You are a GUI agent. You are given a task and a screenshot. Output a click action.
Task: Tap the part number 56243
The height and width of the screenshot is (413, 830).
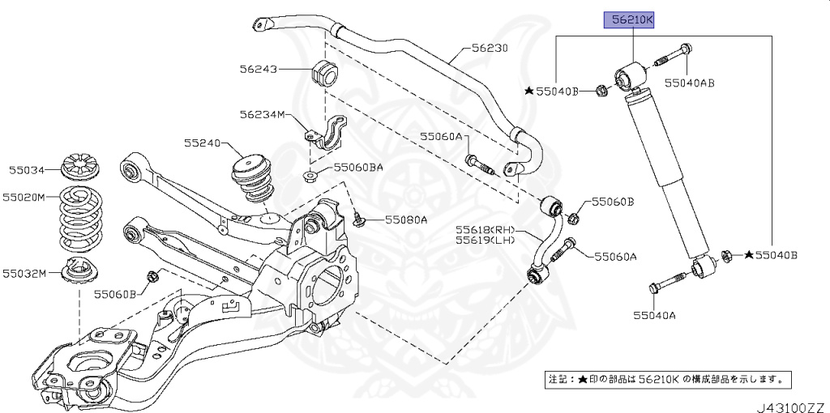(258, 70)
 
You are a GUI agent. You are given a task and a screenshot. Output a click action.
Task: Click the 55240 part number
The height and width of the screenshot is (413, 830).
(202, 143)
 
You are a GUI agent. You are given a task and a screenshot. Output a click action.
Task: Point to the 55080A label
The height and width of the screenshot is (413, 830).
(406, 219)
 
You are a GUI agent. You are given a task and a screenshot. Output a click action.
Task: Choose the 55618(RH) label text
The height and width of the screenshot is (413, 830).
(485, 229)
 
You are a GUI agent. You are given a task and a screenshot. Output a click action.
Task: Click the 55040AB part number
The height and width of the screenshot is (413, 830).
(690, 83)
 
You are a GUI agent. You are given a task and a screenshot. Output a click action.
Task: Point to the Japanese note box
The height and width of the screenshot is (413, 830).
(667, 379)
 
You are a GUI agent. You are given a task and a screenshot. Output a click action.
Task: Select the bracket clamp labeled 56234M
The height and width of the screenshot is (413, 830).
(325, 134)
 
